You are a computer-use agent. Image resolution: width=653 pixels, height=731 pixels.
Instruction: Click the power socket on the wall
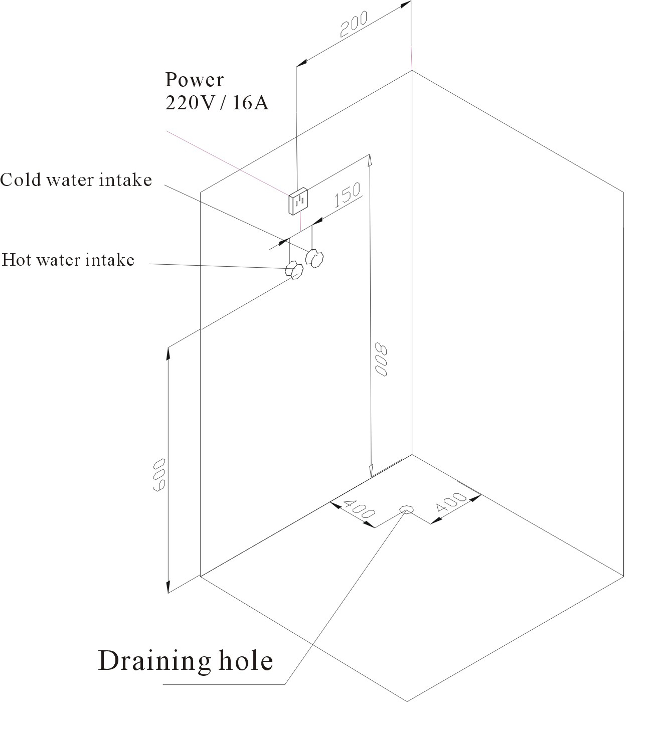[298, 201]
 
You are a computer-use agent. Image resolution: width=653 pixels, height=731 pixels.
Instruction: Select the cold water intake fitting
[314, 258]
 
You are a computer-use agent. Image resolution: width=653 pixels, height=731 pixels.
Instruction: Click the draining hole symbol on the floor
[406, 509]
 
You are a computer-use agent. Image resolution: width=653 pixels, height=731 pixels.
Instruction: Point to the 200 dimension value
[354, 24]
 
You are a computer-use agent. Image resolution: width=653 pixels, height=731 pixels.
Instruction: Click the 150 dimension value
[347, 195]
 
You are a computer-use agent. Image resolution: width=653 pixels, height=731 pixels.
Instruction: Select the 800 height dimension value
[381, 359]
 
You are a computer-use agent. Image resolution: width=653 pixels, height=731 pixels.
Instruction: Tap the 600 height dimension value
[159, 475]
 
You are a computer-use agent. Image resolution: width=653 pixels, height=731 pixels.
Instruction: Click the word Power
[194, 80]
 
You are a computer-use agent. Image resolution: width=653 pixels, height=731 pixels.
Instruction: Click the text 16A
[250, 103]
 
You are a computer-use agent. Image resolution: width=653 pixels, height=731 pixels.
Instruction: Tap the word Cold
[21, 179]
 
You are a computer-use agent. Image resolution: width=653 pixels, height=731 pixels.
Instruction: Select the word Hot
[16, 260]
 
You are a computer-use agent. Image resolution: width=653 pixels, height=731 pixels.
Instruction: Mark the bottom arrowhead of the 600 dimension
[168, 588]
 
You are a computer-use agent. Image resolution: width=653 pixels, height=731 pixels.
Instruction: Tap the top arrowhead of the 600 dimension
[168, 353]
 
